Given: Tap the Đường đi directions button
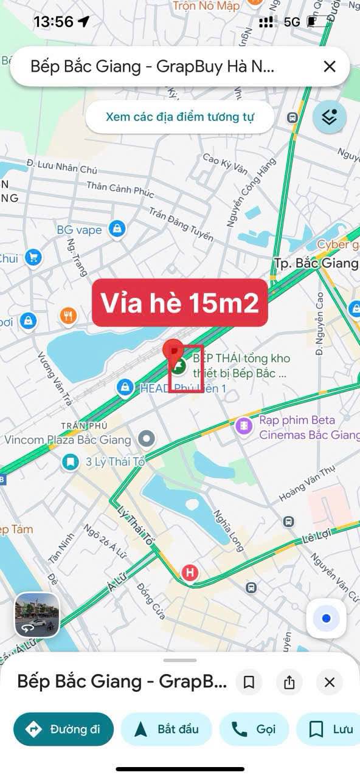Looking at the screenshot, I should point(63,729).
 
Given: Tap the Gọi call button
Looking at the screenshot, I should point(254,729).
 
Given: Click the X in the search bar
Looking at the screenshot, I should point(329,66).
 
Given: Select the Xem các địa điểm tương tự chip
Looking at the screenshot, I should point(179,117).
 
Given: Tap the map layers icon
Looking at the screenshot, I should point(329,117).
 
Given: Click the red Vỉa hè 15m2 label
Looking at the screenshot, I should point(179,303).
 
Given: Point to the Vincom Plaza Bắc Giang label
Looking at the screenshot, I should point(67,439).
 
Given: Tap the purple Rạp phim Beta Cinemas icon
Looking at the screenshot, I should point(244,426).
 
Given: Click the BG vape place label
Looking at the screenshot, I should point(79,230).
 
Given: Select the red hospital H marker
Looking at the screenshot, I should point(190,572).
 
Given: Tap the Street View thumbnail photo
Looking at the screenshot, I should point(37,614).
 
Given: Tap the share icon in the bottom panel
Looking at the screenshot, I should point(289,682).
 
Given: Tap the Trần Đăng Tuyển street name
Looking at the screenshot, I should point(181,223).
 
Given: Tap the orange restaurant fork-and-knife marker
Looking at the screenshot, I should point(69,315).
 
